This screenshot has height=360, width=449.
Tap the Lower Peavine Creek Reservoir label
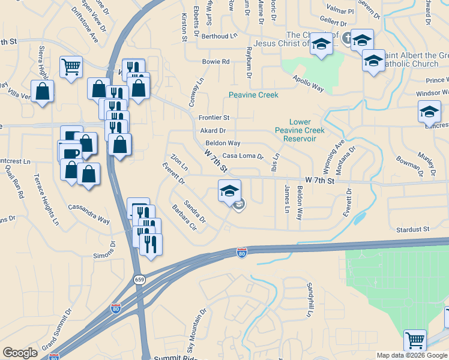299,130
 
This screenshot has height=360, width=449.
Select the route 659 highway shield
140,281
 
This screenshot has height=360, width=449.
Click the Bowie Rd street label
216,62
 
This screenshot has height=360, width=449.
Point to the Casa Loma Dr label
243,156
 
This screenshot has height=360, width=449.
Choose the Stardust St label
414,229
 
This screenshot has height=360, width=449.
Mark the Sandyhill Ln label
310,299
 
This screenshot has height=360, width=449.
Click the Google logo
20,353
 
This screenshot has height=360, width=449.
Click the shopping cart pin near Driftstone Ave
71,67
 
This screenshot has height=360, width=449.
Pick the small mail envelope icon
240,205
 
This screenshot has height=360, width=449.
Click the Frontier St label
214,118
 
